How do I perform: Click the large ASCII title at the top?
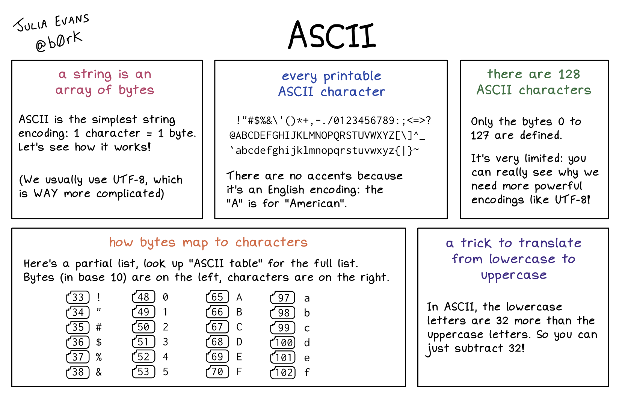[332, 35]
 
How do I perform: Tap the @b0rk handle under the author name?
[59, 41]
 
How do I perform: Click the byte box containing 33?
[78, 297]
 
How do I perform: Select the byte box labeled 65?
[217, 297]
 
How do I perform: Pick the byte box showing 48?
[143, 297]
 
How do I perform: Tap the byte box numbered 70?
[217, 372]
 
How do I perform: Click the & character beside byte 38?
[99, 372]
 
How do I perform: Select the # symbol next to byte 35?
[99, 327]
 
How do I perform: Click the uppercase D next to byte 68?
[239, 342]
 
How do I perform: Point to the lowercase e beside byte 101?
[307, 358]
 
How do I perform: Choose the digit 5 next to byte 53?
[166, 372]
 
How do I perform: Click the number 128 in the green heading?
[569, 74]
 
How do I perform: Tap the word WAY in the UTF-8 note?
[46, 193]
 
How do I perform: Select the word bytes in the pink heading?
[136, 90]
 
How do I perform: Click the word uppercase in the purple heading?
[514, 276]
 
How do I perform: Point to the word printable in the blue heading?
[352, 76]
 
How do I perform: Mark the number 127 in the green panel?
[480, 135]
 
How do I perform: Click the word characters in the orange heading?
[272, 242]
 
